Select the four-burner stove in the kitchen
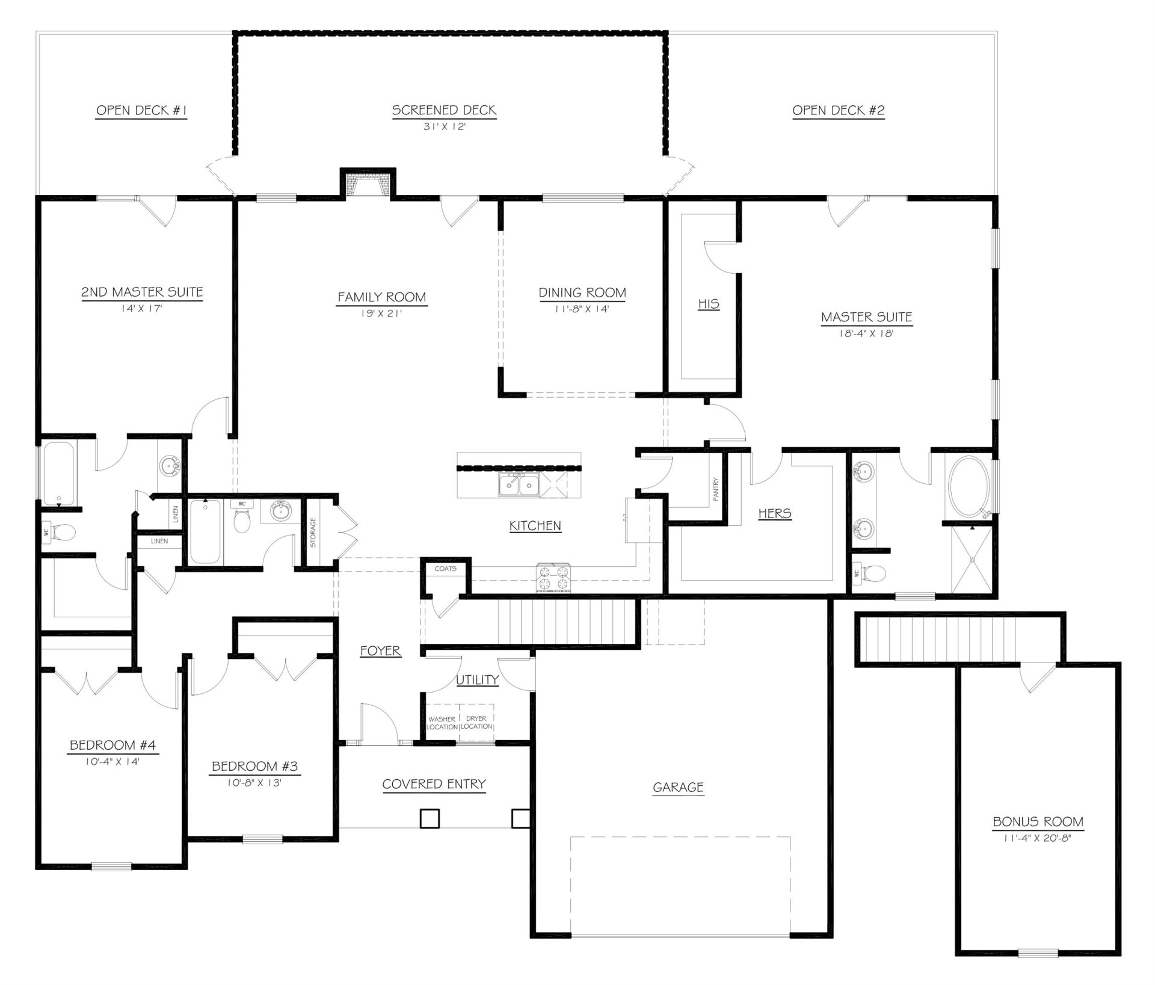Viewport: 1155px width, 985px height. (553, 578)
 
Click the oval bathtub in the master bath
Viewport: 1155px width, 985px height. (968, 487)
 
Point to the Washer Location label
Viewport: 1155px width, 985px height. (442, 723)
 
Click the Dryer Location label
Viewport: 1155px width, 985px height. (476, 723)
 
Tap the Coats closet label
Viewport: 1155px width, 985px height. (445, 568)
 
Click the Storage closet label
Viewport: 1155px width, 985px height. (313, 533)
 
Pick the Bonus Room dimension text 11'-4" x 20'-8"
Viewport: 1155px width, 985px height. (1037, 838)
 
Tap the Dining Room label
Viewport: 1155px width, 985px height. (582, 292)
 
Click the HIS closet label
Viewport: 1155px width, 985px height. (708, 304)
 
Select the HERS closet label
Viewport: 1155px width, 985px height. (774, 513)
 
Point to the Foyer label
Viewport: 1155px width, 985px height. (380, 650)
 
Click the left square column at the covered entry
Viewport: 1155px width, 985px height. (429, 818)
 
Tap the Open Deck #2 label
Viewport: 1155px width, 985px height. (838, 110)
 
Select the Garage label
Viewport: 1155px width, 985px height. (678, 786)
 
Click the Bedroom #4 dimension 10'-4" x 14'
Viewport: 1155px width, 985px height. (112, 761)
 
